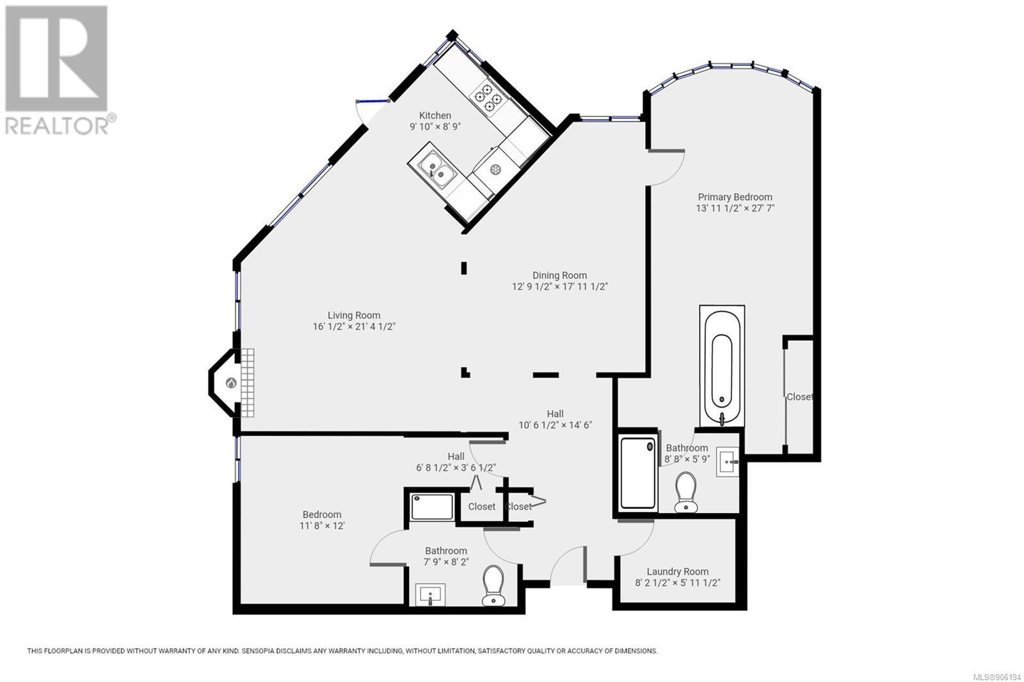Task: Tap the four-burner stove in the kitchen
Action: pos(488,97)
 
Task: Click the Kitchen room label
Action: pos(435,116)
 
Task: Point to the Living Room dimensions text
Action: pos(354,327)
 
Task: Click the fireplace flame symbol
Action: pos(231,383)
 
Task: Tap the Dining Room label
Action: pos(559,276)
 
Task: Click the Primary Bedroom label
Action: pos(735,197)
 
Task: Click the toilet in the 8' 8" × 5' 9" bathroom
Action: pos(685,492)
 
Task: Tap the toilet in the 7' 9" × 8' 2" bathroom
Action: pos(493,585)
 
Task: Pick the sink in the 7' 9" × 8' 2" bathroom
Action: pos(430,595)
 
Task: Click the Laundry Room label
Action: pos(678,571)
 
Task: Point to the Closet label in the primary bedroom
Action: pos(799,397)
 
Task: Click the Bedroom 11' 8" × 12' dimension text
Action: pos(322,526)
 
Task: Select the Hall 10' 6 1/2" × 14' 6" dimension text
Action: pos(555,425)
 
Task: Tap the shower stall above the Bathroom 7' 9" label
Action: pos(433,507)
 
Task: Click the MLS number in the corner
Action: pos(998,676)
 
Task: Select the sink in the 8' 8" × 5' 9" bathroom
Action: pos(727,462)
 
